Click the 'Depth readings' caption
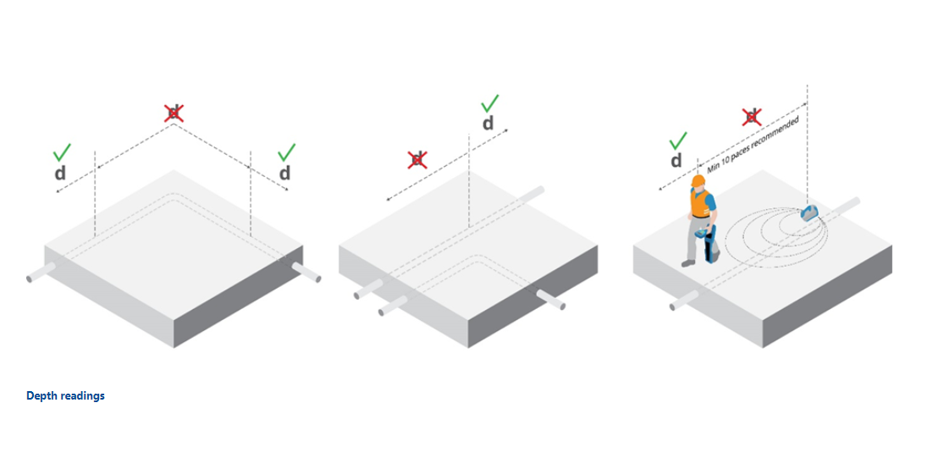pos(65,395)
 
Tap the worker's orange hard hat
pos(698,181)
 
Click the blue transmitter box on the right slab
pos(809,212)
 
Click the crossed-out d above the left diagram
pos(174,113)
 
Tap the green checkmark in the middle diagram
pos(489,104)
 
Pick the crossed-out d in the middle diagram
pos(417,159)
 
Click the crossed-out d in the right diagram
pos(752,117)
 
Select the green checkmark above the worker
pos(677,141)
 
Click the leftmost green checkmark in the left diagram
pos(62,152)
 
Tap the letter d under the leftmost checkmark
pos(60,173)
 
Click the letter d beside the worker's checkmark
pos(676,161)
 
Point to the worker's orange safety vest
pos(700,203)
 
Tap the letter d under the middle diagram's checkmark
pos(488,123)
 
